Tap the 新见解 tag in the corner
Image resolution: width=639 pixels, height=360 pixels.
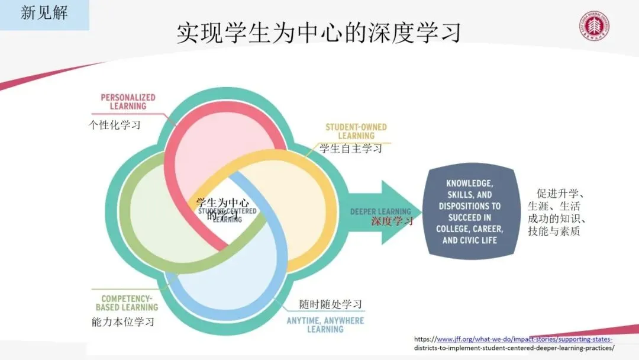(44, 13)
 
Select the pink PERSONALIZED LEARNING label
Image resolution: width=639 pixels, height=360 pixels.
(128, 102)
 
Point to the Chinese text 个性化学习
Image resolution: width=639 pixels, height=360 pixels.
(115, 125)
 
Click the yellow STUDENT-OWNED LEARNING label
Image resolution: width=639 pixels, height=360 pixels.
(356, 131)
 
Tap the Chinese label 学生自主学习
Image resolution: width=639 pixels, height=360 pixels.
(351, 148)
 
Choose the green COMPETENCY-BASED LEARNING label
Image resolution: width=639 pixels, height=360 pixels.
(127, 303)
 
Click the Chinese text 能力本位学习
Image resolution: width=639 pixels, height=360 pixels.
(122, 322)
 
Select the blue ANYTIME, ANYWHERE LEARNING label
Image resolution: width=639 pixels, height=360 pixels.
(325, 325)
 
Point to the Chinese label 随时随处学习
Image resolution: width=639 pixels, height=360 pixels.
(330, 304)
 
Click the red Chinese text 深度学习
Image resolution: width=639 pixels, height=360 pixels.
(392, 221)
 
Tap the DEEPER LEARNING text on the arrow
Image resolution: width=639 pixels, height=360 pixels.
(380, 211)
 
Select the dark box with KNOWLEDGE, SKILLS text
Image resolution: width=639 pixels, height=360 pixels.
(469, 212)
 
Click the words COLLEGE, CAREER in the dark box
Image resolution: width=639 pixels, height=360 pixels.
(469, 229)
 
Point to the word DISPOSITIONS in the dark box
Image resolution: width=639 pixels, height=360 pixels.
(469, 206)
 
